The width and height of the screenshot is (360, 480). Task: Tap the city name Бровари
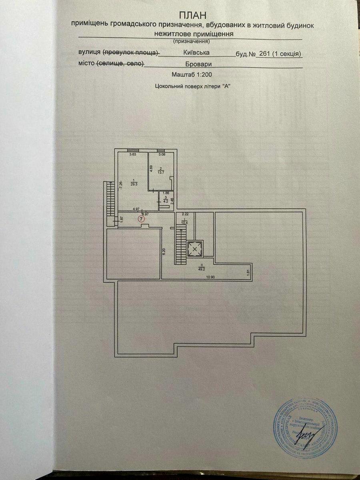[193, 64]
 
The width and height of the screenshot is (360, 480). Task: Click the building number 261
[264, 54]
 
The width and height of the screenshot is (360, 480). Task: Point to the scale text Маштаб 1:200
[192, 74]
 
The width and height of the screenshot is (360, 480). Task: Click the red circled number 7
[140, 219]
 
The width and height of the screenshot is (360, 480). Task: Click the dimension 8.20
[164, 252]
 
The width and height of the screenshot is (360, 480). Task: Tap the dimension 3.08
[162, 154]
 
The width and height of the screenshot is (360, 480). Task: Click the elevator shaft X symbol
[195, 249]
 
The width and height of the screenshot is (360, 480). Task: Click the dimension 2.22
[185, 215]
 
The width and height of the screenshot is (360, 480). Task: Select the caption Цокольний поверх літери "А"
[193, 86]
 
